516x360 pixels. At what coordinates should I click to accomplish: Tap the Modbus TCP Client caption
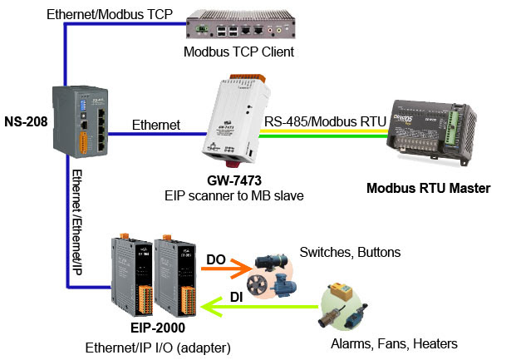click(x=240, y=52)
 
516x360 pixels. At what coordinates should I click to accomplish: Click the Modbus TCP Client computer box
click(x=240, y=24)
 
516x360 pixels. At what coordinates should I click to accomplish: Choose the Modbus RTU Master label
click(x=428, y=189)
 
